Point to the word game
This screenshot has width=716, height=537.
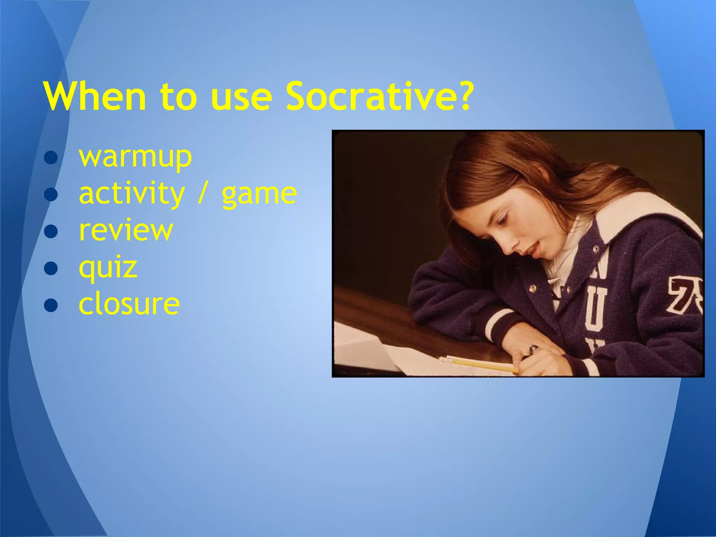[x=259, y=194]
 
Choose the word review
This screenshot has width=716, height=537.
[x=126, y=230]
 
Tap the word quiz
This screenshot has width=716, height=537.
[x=108, y=267]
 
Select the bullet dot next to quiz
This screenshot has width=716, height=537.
[x=51, y=268]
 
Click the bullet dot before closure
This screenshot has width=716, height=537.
[x=51, y=305]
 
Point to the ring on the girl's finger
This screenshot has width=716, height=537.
[x=534, y=349]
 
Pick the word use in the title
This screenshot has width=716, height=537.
[x=241, y=96]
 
